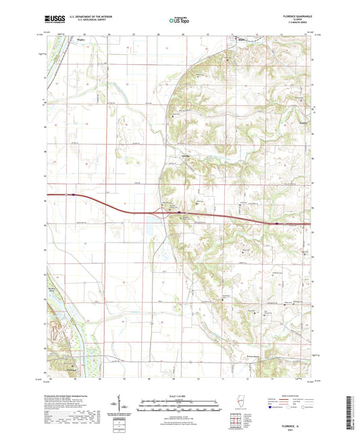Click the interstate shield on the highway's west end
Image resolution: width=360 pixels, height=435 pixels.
coord(71,195)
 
